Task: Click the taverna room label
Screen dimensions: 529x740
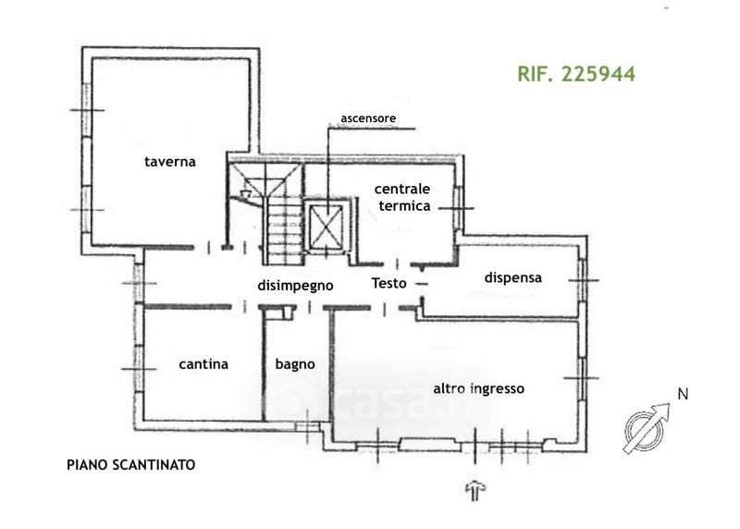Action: [169, 162]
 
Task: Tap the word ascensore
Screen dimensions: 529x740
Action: [368, 118]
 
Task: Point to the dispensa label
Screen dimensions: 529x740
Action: [512, 277]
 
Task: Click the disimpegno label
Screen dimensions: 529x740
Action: [295, 285]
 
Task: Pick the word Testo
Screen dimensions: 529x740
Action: [388, 284]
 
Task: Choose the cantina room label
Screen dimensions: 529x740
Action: [203, 364]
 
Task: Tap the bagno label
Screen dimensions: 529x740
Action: [295, 364]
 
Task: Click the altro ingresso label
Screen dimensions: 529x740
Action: [479, 389]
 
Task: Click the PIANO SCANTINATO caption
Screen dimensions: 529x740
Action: [130, 465]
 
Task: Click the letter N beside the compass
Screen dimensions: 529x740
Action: [683, 394]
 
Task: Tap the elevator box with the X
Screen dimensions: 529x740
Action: [327, 225]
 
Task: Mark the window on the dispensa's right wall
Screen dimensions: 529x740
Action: [583, 276]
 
